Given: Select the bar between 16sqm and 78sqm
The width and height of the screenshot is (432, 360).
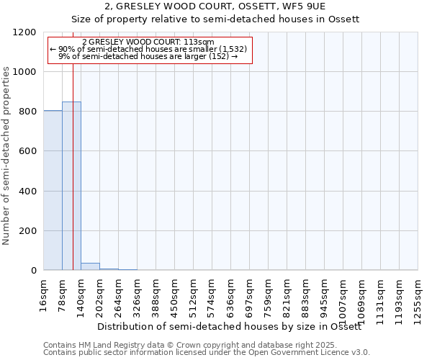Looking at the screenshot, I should pos(53,190).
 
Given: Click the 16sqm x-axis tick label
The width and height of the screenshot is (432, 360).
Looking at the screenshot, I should pos(43,294).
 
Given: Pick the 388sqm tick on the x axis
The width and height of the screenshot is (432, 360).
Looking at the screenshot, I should pos(156,294).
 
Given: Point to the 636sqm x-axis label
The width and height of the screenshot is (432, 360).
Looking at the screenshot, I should pos(230,294).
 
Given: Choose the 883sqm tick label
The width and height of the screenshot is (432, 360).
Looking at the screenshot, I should pos(305,294).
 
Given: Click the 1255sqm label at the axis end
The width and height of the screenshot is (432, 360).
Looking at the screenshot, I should pos(418,297).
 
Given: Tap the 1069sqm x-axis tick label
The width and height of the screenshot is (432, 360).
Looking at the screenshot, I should pos(361,297).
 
